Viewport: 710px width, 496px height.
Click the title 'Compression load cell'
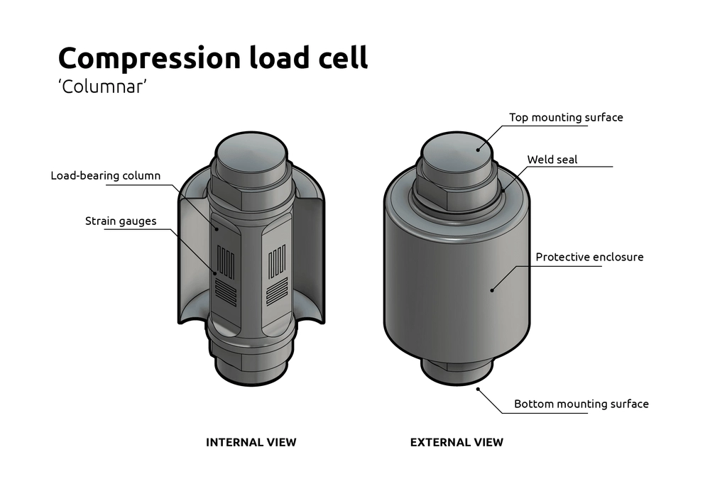[213, 57]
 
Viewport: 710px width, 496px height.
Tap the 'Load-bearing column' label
[106, 175]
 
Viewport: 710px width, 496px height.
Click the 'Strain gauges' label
[121, 221]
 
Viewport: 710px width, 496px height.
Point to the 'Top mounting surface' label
[566, 117]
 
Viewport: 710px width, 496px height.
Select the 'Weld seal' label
[552, 160]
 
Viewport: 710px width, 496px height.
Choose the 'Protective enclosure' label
[589, 257]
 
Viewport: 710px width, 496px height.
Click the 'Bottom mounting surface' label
[581, 404]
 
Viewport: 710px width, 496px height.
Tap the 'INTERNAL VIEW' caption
[251, 442]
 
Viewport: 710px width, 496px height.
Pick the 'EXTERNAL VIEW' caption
[457, 442]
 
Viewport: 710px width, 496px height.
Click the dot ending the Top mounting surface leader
[479, 148]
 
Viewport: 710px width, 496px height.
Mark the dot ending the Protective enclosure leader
[492, 289]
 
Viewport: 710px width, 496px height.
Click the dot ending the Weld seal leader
[503, 189]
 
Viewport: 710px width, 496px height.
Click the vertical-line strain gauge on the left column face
[226, 262]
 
